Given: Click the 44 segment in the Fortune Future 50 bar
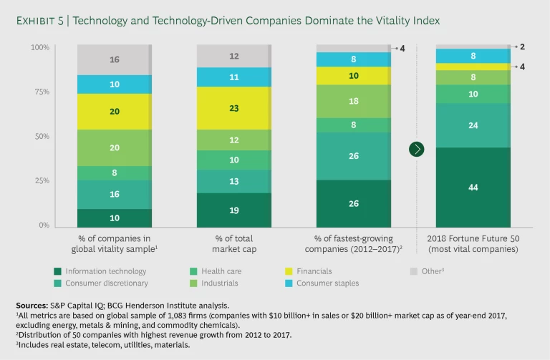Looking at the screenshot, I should click(473, 187).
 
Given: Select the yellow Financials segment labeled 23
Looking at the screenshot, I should click(234, 108).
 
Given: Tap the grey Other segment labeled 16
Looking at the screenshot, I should click(115, 60).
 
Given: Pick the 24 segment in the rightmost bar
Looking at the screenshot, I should click(473, 125).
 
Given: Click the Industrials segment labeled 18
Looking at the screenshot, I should click(353, 102).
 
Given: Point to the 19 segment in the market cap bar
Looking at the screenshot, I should click(234, 211).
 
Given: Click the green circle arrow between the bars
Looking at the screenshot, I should click(416, 149).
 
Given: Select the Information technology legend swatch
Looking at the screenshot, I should click(57, 271).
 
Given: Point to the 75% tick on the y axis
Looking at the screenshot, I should click(40, 92).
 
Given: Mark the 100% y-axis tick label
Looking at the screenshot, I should click(39, 47).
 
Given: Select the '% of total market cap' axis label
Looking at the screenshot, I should click(233, 243).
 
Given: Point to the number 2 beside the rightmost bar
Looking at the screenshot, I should click(522, 47).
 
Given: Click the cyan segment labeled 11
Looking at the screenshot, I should click(234, 77).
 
